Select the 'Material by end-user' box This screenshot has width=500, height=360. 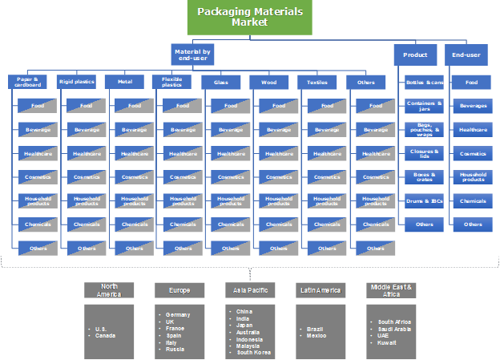point(193,55)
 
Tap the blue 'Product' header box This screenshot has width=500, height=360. point(415,55)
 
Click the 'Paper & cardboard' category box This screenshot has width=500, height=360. point(29,81)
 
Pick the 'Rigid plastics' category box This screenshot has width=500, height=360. point(77,81)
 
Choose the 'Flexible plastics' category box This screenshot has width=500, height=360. point(172,81)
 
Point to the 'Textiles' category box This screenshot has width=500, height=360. point(317,81)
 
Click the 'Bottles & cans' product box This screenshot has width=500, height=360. point(425,82)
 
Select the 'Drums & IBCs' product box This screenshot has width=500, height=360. point(425,200)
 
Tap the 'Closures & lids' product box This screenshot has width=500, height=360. point(425,153)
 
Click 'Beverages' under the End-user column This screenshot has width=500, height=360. point(472,106)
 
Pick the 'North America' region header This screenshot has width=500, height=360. point(110,290)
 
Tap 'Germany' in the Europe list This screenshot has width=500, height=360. point(176,316)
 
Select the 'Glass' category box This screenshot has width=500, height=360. point(221,81)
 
